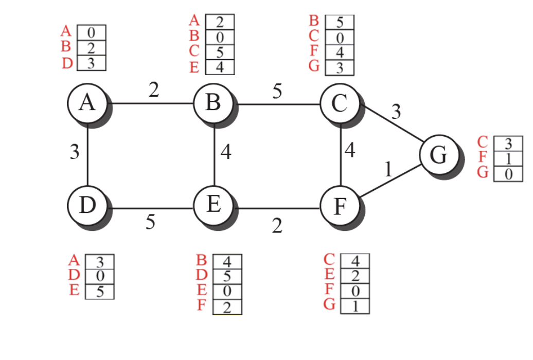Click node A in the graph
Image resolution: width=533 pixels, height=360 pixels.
[88, 103]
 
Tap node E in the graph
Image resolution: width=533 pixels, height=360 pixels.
[214, 205]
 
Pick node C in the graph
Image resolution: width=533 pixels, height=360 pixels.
[340, 103]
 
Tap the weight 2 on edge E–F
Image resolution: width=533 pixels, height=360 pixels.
[277, 225]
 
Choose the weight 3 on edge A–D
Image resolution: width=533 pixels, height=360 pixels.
[75, 153]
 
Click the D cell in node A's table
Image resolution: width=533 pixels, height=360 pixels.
[91, 63]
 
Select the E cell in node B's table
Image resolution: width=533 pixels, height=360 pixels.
[220, 67]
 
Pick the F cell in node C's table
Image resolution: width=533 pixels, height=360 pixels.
[340, 52]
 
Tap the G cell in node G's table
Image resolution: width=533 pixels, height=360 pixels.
[508, 174]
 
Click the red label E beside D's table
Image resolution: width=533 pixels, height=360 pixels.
[75, 291]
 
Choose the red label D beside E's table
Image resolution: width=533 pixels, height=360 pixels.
[202, 276]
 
